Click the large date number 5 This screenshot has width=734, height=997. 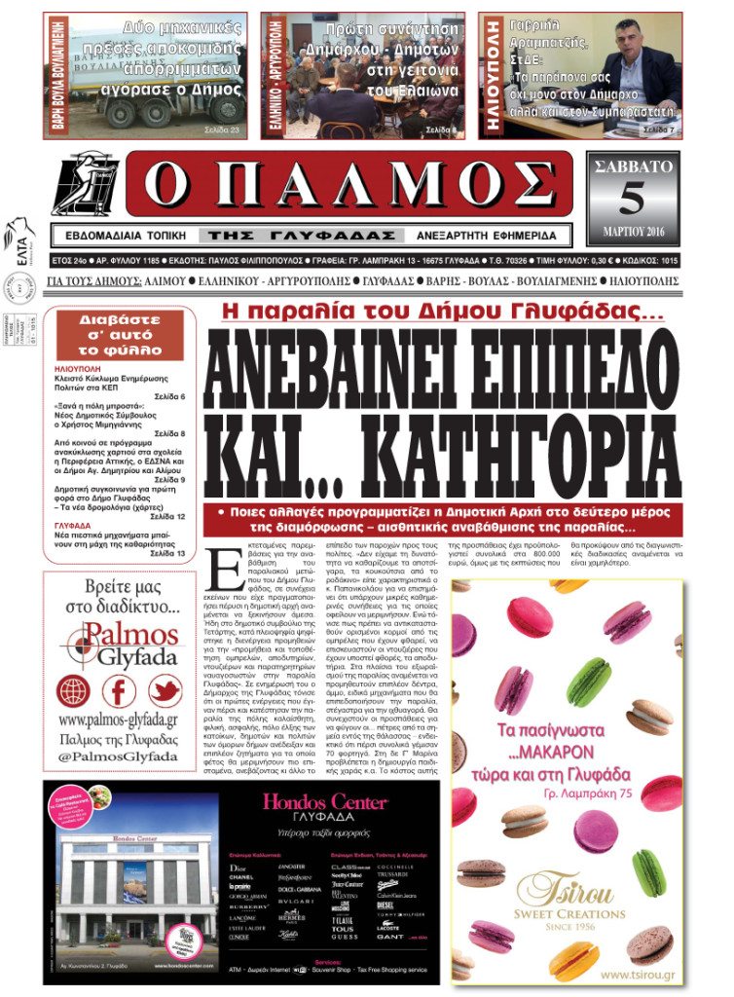[632, 198]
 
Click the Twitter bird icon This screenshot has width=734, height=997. [164, 691]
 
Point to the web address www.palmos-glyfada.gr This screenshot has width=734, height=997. [118, 720]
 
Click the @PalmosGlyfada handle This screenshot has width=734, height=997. [118, 757]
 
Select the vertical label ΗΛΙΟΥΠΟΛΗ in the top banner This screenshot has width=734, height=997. [493, 76]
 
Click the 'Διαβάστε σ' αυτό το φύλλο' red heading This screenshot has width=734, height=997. [120, 333]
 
